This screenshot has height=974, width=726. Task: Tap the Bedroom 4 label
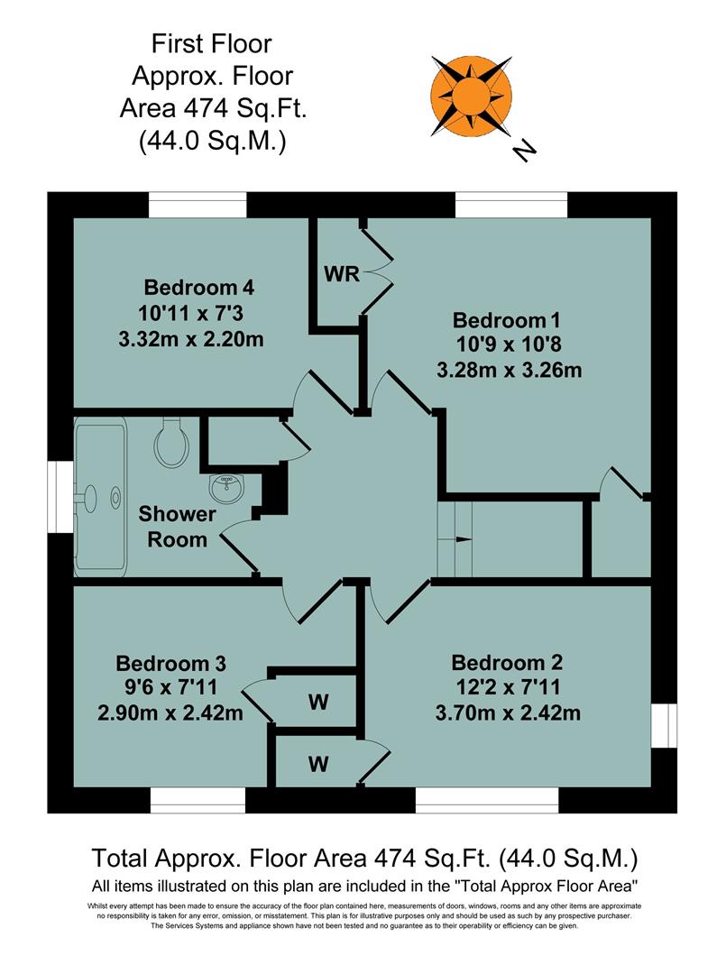tap(199, 289)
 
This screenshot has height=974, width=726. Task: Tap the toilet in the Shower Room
tap(170, 445)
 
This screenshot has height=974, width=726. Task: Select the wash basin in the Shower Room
tap(226, 488)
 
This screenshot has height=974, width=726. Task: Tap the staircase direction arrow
tap(463, 539)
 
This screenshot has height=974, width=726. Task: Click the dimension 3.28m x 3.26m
tap(510, 370)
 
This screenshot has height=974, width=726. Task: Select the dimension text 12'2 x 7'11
tap(510, 688)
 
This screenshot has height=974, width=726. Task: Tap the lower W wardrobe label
tap(317, 764)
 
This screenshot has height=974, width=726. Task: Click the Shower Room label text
tap(177, 527)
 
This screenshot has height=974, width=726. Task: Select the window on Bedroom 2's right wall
tap(665, 725)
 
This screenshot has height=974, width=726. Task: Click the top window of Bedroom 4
tap(198, 207)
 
